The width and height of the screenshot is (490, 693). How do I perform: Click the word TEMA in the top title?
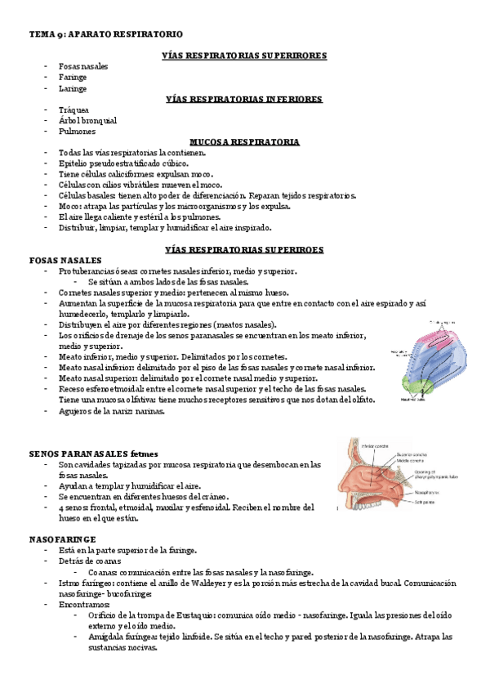[x=41, y=34]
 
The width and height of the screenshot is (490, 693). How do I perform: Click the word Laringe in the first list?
[x=73, y=88]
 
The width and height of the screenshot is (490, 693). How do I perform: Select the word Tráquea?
[x=73, y=110]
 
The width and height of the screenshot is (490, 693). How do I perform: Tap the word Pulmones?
[x=76, y=131]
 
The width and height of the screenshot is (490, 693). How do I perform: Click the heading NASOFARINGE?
[x=62, y=539]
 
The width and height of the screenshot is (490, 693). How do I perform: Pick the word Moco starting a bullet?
[x=69, y=207]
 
